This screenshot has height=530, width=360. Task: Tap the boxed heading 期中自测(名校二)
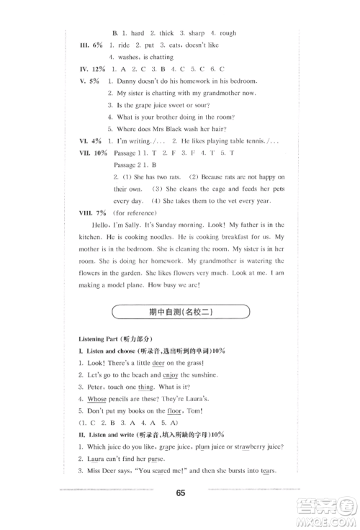[180, 312]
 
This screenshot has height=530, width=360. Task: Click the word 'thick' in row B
[166, 33]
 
